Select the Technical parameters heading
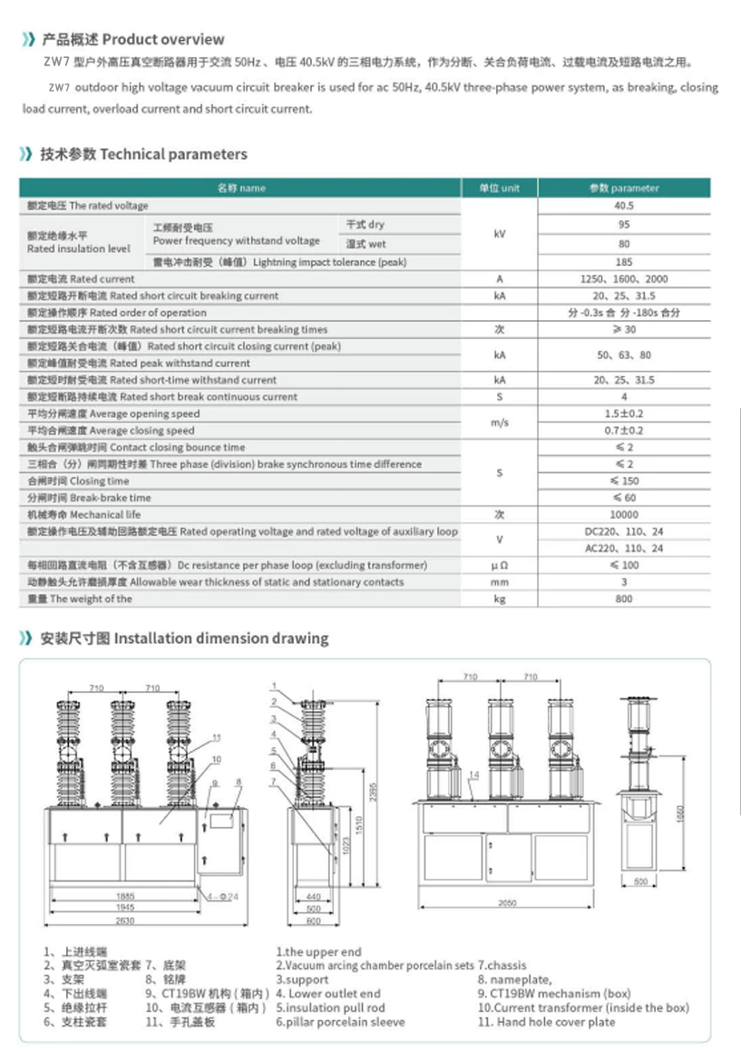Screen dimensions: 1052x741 143,154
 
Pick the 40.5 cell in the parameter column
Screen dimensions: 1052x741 624,206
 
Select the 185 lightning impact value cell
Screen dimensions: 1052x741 624,262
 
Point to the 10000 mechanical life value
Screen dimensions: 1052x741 624,514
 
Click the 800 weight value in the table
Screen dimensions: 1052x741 624,599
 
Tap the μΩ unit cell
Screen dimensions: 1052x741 499,565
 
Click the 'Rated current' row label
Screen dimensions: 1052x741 81,279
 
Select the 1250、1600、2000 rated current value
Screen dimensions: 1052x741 624,279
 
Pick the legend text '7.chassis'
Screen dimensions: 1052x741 502,966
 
